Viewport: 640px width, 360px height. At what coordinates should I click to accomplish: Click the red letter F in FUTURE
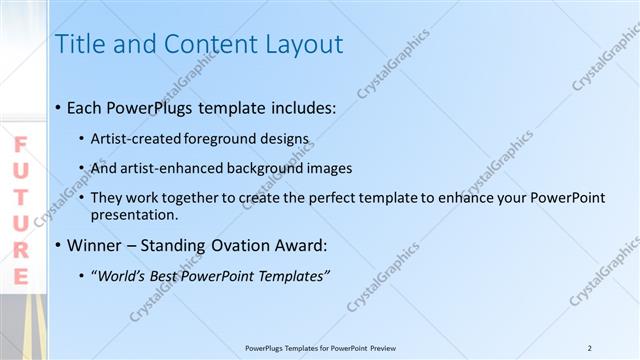20,145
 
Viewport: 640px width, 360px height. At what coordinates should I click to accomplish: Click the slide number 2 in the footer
590,348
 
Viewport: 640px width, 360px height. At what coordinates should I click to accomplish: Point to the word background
277,168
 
